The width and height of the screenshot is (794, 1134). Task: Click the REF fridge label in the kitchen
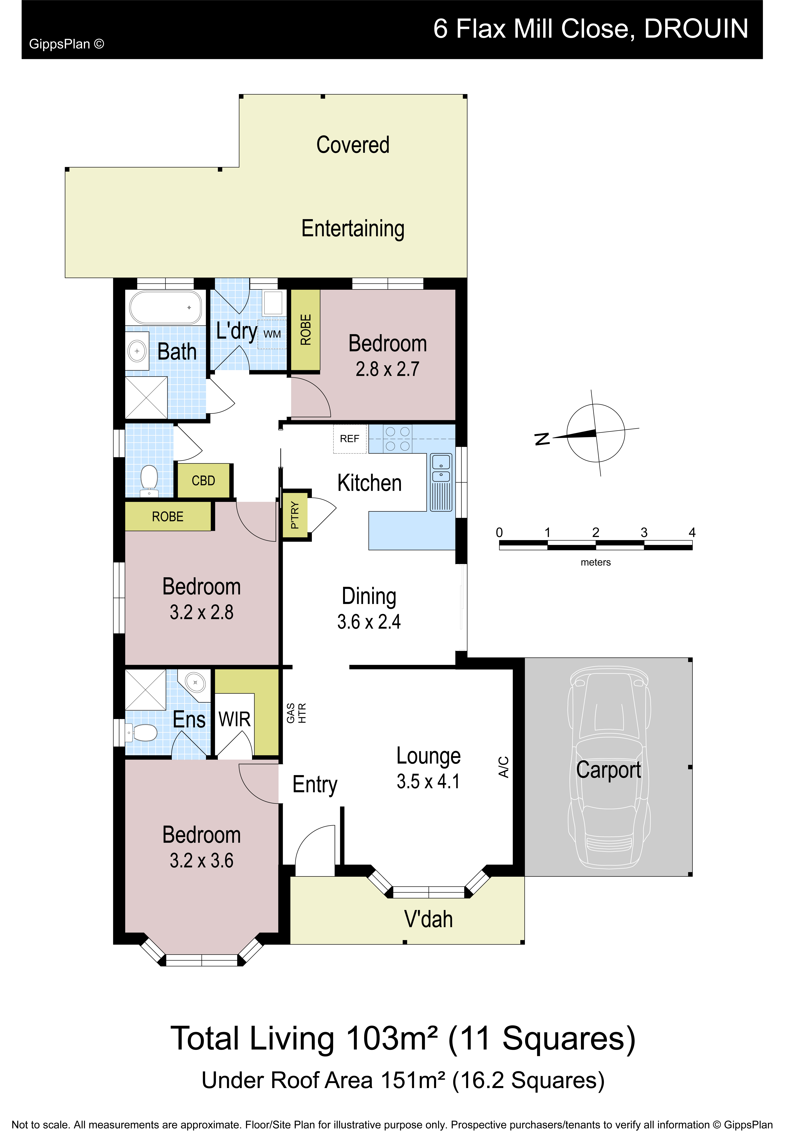coord(350,439)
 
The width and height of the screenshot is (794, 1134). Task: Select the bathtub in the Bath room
coord(165,307)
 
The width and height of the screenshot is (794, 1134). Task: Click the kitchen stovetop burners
coord(397,439)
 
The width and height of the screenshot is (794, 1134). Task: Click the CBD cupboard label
coord(203,481)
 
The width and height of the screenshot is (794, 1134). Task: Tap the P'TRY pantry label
coord(295,515)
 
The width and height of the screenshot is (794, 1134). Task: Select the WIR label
coord(235,719)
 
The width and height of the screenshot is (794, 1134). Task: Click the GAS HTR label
coord(296,713)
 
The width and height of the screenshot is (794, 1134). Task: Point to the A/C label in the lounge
coord(503,767)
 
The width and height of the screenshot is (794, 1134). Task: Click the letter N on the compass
coord(542,439)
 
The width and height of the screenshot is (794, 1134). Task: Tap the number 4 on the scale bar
coord(692,532)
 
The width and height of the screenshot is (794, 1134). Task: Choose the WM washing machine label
coord(272,334)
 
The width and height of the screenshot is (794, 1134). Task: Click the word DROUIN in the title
coord(696,29)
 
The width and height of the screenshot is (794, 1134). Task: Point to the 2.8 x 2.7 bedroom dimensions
coord(388,369)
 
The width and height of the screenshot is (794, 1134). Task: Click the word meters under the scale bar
coord(595,562)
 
